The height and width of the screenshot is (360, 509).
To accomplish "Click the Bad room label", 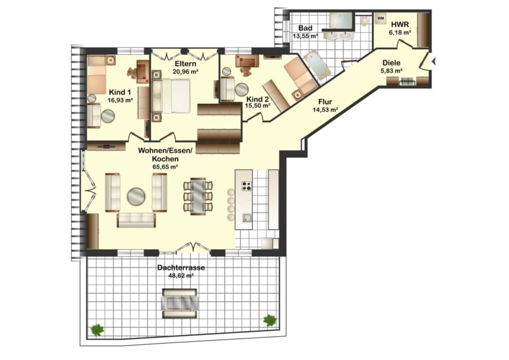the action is coord(305,28).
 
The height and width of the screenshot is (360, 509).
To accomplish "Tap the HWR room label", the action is coord(400,24).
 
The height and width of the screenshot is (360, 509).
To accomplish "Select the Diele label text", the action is coord(391,63).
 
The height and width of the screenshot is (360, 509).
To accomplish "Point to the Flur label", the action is coord(325,102).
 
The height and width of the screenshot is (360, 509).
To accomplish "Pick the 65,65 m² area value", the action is coord(165,166).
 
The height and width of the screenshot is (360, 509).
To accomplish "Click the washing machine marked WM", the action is coord(381,19).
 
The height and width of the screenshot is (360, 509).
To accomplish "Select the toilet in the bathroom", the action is coord(364,20).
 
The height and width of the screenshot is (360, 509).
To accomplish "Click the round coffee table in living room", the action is coord(136,196).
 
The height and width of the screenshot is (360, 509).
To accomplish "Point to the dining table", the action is coord(198,196).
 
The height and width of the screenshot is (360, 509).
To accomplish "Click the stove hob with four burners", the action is coord(247,185).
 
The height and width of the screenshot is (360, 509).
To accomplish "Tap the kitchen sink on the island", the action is coord(247,218).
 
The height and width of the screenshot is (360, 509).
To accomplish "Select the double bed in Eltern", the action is coord(171,96).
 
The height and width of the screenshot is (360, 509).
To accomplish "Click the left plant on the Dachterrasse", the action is coord(97,330).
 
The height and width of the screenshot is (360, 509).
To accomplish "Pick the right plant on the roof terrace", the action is coord(270,320).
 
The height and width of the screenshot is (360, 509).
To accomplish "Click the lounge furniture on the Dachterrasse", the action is coord(180,303).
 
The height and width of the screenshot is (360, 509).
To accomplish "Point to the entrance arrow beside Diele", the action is coord(433,61).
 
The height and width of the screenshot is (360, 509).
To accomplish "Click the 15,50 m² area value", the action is coord(258,106).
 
